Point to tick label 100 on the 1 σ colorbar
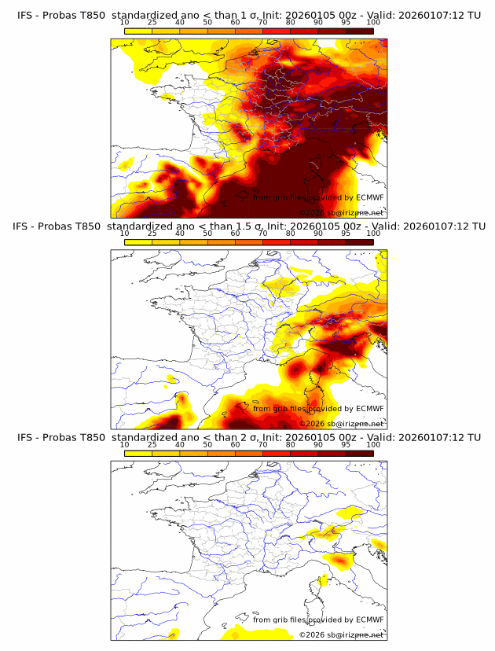(x=373, y=23)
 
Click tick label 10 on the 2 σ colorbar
(x=125, y=445)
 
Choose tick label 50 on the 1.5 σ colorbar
(x=207, y=234)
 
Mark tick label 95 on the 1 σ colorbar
(x=346, y=23)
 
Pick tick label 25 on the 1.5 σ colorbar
(x=152, y=234)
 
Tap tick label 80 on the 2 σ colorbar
(x=291, y=445)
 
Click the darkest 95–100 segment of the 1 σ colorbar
(x=360, y=31)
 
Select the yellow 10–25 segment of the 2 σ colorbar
(x=138, y=454)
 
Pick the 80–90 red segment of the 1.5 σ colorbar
(x=304, y=243)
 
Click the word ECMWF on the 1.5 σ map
(x=370, y=409)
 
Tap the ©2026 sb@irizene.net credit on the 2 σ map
(x=341, y=634)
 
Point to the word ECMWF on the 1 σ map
(x=370, y=198)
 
